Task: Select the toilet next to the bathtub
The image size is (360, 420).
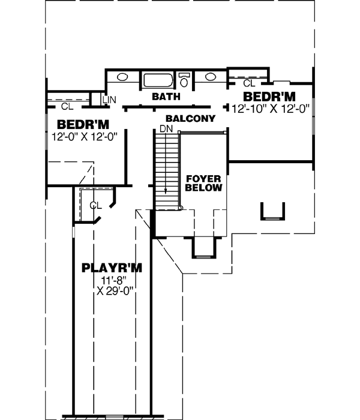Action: (185, 79)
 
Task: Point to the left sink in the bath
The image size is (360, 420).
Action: (122, 77)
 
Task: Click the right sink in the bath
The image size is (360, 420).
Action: (211, 77)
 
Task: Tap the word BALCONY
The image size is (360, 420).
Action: (190, 119)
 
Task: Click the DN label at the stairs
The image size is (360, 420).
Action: (166, 129)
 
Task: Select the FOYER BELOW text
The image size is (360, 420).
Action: (204, 183)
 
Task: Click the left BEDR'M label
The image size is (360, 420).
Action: (83, 124)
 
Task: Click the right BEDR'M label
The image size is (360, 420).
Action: (269, 97)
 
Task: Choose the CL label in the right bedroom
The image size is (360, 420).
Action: (249, 83)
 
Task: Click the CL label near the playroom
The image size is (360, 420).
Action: (95, 205)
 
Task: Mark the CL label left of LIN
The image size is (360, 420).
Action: (67, 106)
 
